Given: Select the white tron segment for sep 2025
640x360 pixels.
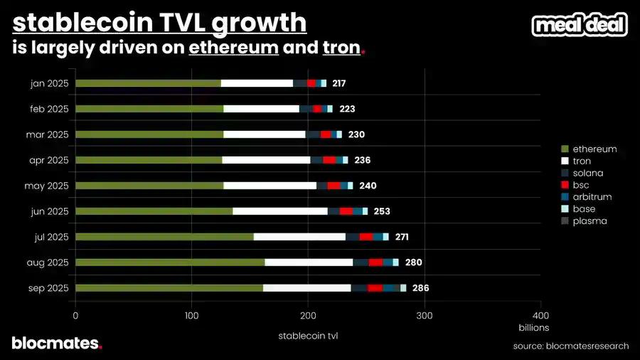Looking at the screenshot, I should [x=306, y=288].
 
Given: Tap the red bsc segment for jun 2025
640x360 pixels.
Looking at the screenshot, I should [x=346, y=211].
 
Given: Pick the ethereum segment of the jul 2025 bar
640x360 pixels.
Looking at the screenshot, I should [x=164, y=237].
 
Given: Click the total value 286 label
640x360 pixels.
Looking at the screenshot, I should [x=420, y=288].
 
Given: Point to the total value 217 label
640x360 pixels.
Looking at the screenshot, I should [x=338, y=83].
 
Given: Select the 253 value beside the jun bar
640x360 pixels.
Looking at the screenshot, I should [x=381, y=211].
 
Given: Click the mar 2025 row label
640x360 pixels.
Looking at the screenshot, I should [x=50, y=134].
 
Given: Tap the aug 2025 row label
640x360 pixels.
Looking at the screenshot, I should [x=50, y=263].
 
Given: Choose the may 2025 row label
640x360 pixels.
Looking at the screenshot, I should [x=50, y=186].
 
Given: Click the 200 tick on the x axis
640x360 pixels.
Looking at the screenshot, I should [x=308, y=315].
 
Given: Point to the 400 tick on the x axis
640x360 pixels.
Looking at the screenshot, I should [x=540, y=315].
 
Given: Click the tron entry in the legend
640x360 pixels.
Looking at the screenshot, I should [x=581, y=161].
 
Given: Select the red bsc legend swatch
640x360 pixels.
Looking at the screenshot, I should [x=565, y=185].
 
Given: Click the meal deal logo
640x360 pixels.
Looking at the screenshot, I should [x=580, y=26].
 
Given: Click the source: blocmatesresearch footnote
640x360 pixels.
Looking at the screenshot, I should [x=570, y=346].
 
